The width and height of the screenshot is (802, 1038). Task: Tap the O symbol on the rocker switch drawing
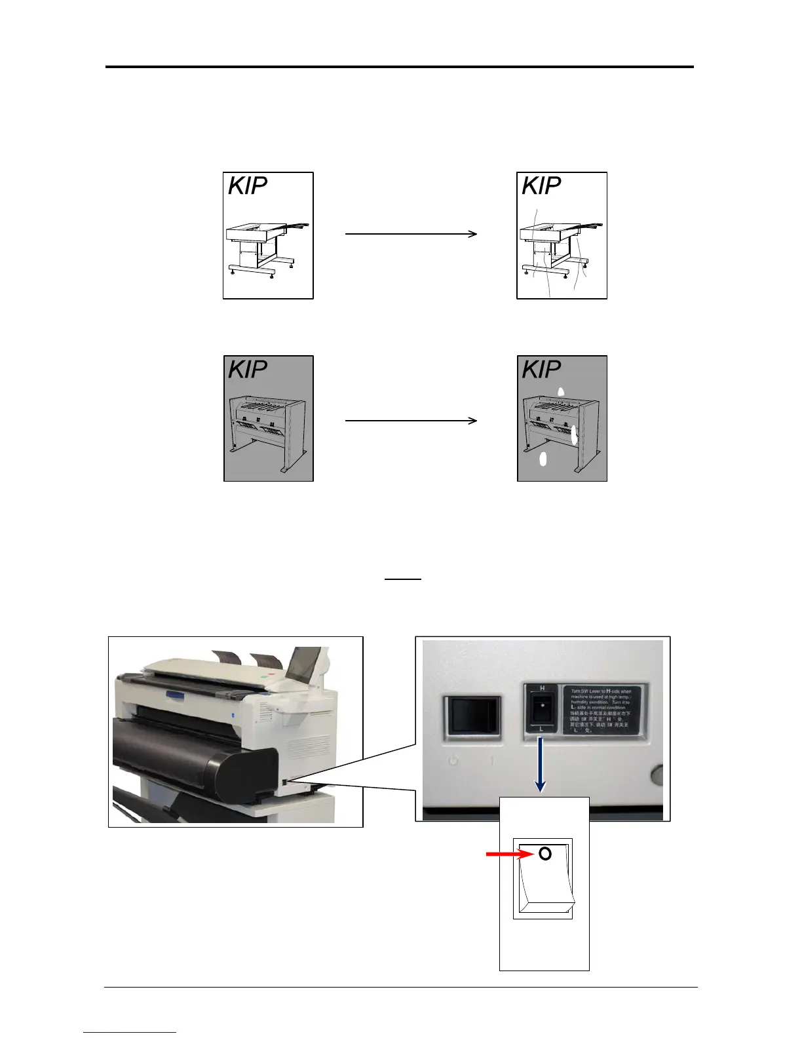pyautogui.click(x=544, y=854)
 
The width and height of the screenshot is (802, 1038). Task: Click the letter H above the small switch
pyautogui.click(x=542, y=688)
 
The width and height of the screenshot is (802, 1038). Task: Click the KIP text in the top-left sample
pyautogui.click(x=248, y=186)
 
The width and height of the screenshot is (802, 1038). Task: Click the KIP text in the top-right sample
pyautogui.click(x=541, y=186)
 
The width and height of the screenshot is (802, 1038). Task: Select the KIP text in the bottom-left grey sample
pyautogui.click(x=248, y=370)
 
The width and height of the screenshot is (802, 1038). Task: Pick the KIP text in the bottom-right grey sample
pyautogui.click(x=541, y=370)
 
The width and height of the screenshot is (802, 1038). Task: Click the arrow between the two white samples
pyautogui.click(x=411, y=233)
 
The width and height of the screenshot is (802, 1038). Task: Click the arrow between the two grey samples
pyautogui.click(x=411, y=420)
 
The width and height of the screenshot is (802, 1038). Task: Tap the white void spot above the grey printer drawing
pyautogui.click(x=560, y=392)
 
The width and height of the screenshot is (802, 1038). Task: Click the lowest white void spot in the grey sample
pyautogui.click(x=543, y=459)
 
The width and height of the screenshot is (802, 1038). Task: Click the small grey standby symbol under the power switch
pyautogui.click(x=453, y=762)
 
